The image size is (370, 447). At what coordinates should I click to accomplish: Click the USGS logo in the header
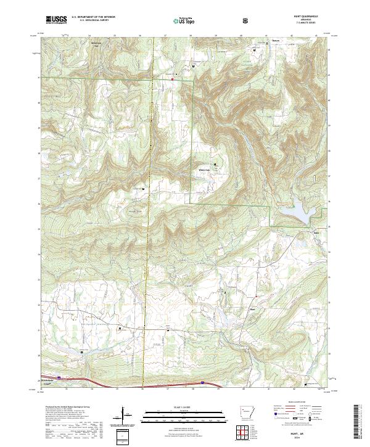tap(56, 20)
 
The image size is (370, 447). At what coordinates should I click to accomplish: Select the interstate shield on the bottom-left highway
tap(60, 379)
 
